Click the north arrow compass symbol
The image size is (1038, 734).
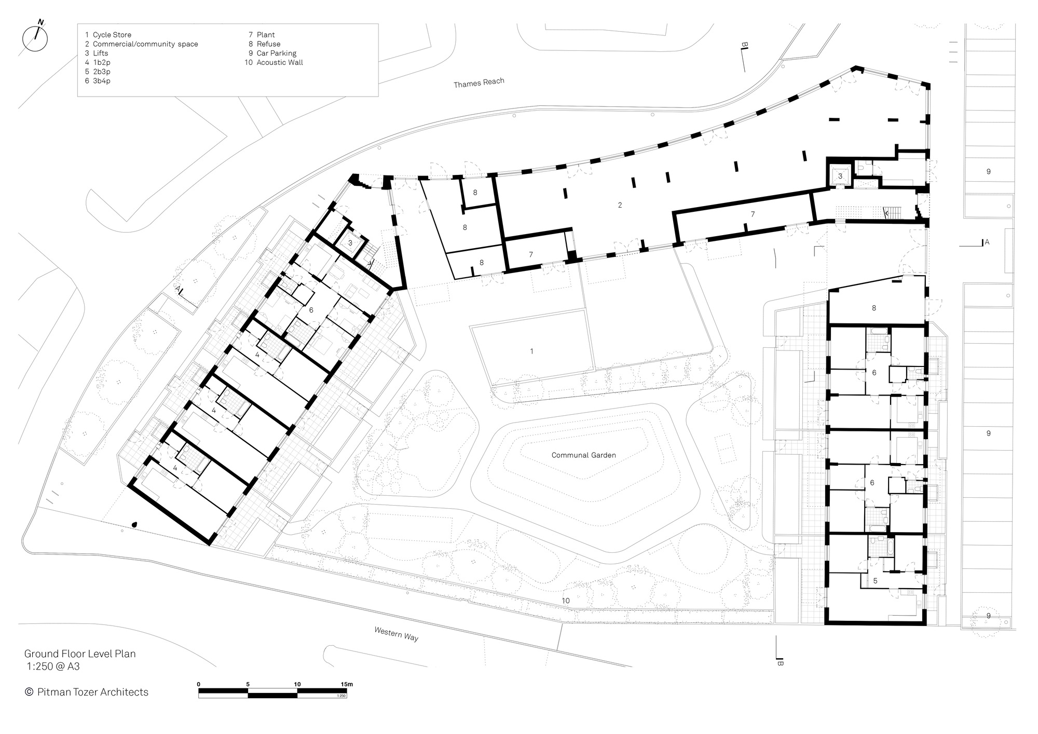point(35,37)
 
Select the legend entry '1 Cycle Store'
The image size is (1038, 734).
point(108,35)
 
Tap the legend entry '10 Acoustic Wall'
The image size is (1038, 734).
point(274,62)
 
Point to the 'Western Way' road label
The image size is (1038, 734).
point(396,634)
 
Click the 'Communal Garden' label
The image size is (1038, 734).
point(583,455)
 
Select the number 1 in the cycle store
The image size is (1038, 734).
point(531,351)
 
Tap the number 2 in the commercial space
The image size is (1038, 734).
point(620,205)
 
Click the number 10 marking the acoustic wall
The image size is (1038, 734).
point(565,601)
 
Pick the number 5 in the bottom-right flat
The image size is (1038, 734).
point(875,581)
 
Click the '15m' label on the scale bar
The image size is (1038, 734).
point(347,684)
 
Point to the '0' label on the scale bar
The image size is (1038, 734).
point(199,684)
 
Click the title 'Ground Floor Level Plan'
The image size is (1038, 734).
point(80,654)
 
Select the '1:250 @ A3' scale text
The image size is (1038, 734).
point(53,667)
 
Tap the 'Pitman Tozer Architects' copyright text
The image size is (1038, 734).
point(87,692)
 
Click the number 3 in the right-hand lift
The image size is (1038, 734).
point(840,176)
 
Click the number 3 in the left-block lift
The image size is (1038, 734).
point(350,242)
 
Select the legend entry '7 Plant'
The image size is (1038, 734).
point(262,35)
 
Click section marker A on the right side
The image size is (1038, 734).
point(987,242)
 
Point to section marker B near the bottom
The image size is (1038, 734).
point(780,663)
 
